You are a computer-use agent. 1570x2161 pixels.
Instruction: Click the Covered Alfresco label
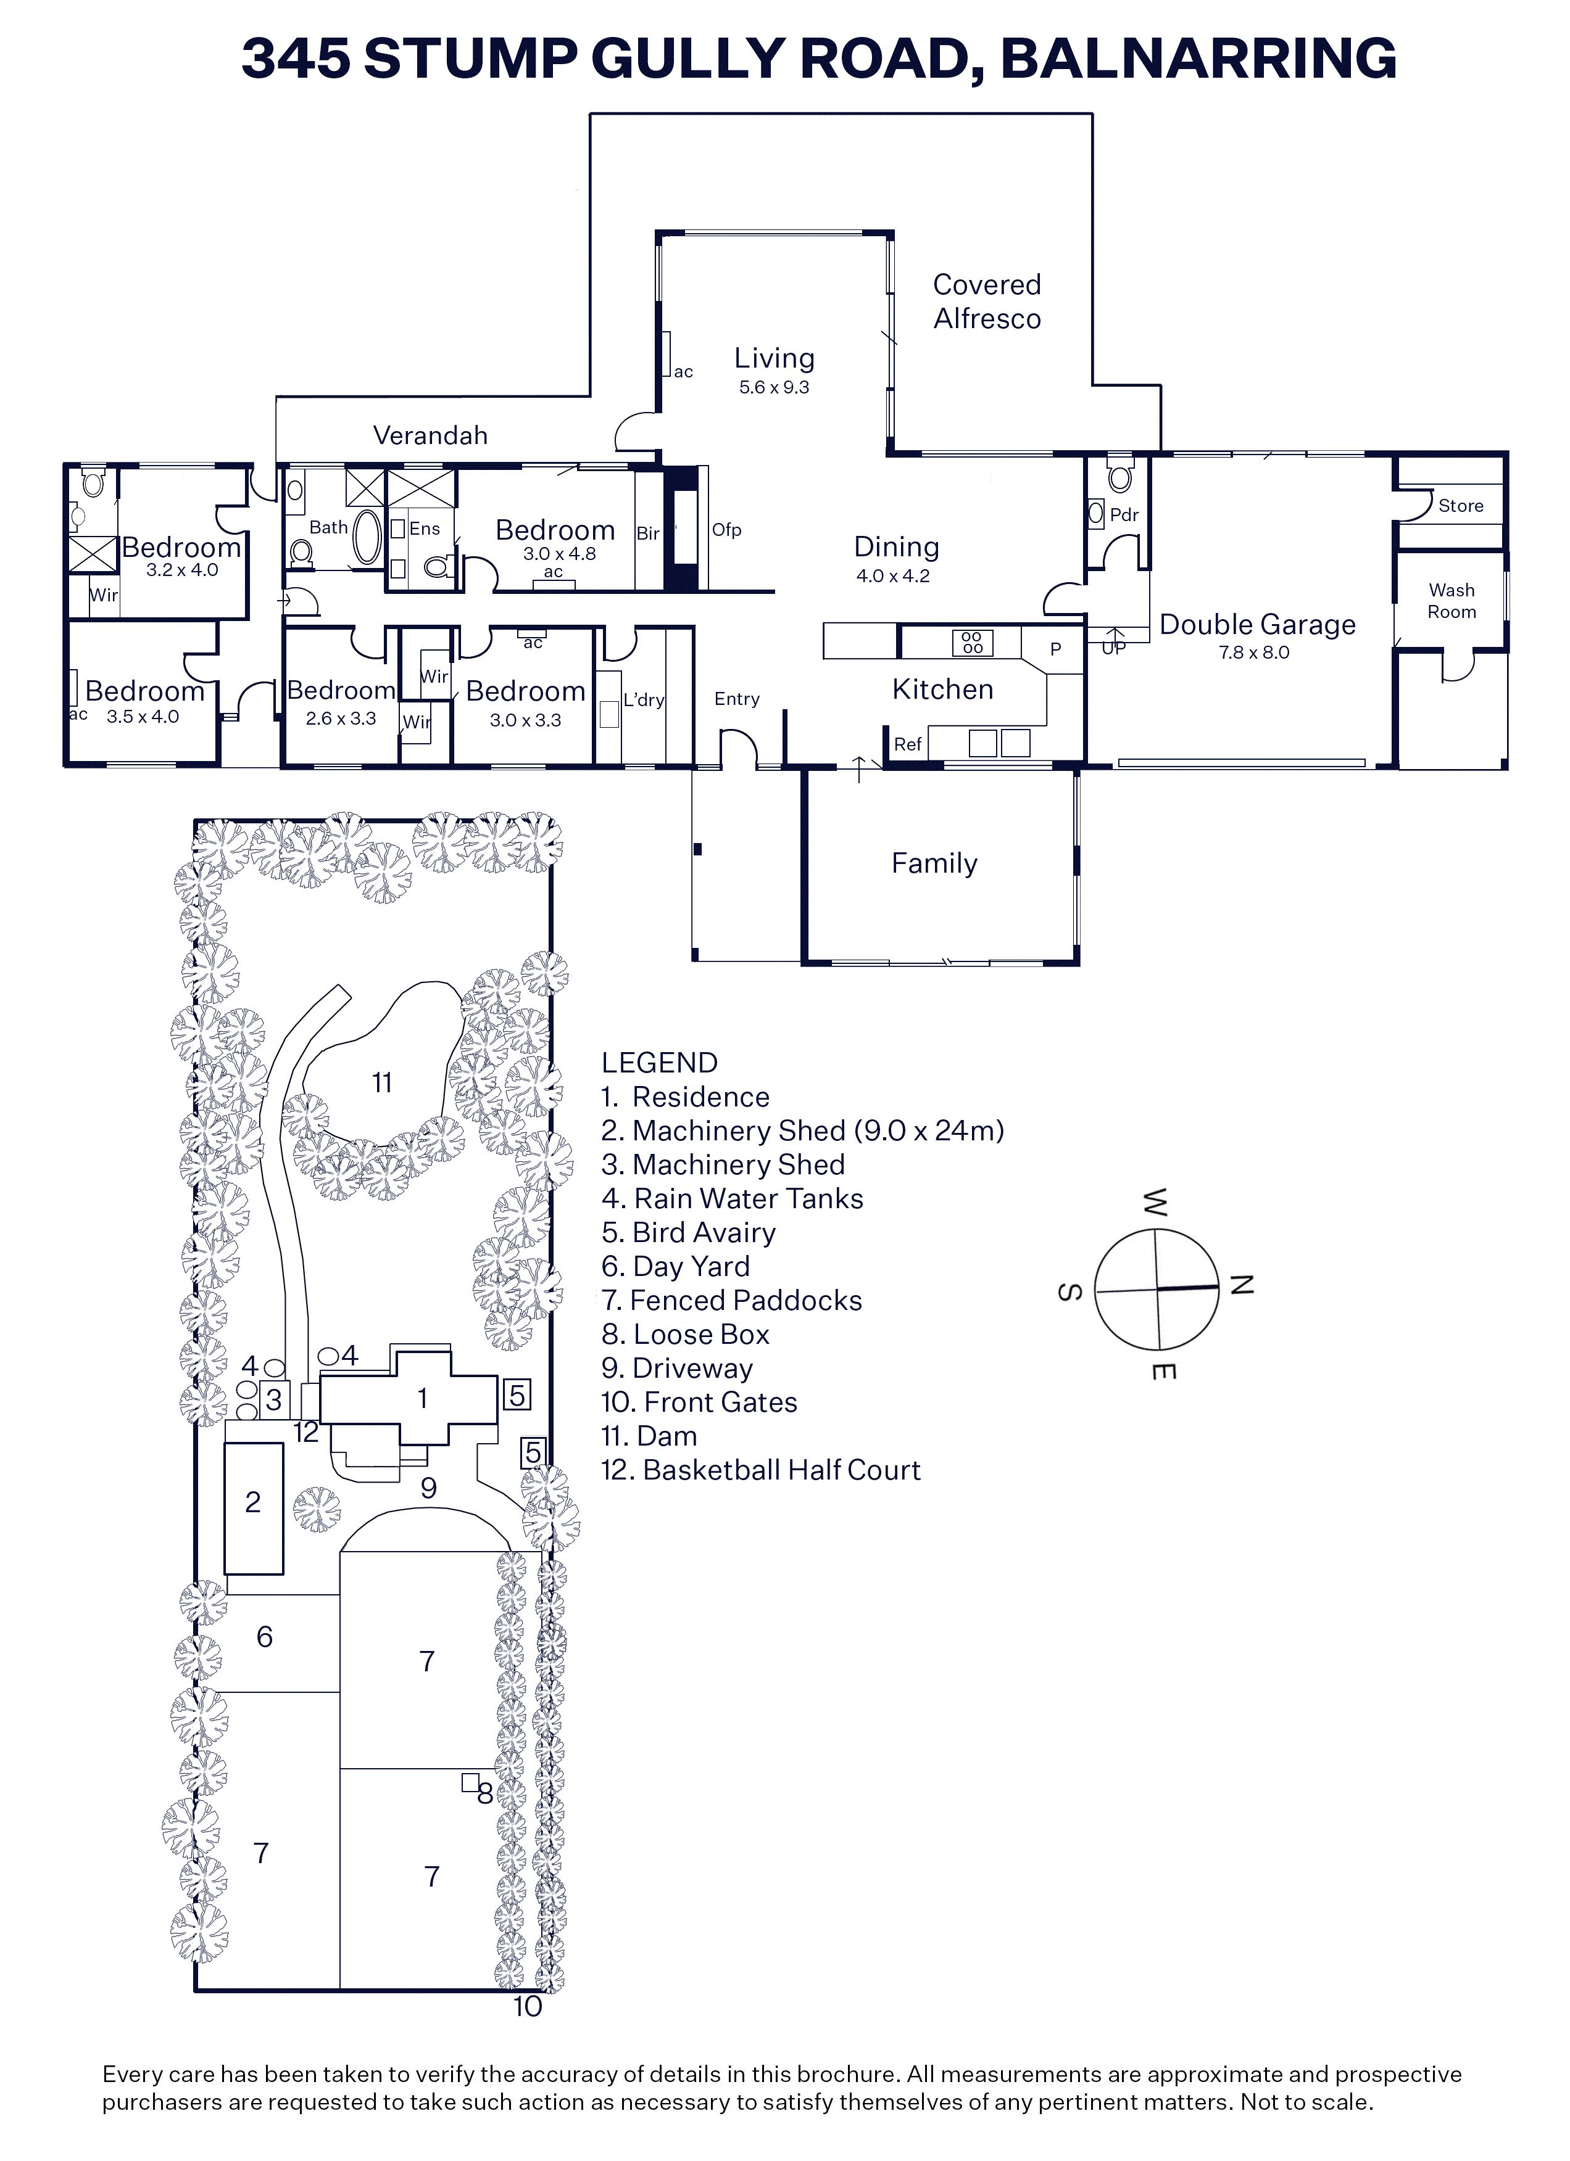[987, 301]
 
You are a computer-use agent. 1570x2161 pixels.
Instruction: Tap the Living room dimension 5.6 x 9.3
[774, 387]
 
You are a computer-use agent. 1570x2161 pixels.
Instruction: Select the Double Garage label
[1257, 625]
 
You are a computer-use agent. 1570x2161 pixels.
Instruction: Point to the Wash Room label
[1451, 601]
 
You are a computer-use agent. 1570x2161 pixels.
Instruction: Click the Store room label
[1460, 506]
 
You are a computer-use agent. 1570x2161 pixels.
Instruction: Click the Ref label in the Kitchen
[907, 744]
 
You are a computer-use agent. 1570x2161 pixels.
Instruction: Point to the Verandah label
[430, 435]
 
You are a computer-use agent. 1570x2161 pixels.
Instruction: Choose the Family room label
[934, 863]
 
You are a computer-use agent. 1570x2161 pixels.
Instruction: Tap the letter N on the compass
[1241, 1285]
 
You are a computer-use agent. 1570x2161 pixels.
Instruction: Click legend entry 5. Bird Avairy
[688, 1233]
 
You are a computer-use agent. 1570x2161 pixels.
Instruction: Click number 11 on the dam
[381, 1082]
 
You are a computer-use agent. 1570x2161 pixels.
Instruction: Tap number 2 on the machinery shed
[252, 1502]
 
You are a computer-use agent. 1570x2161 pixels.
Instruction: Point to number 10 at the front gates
[527, 2007]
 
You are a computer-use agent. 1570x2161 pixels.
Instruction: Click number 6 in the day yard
[265, 1636]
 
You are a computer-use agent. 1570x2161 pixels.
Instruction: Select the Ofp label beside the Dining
[726, 530]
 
